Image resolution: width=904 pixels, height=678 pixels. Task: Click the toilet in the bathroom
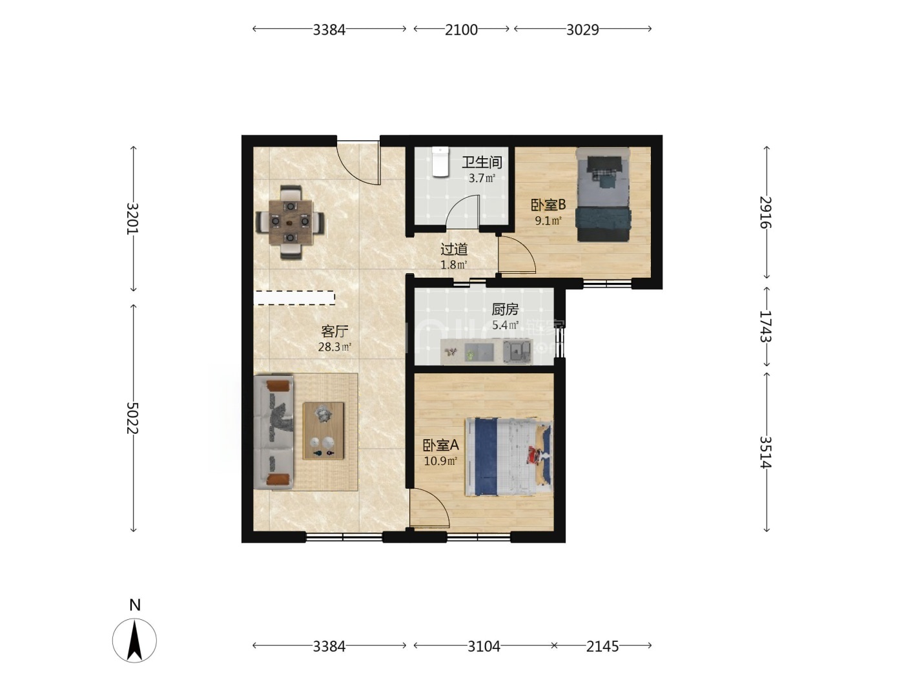[440, 162]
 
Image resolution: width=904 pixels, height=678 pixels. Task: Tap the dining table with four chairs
[291, 222]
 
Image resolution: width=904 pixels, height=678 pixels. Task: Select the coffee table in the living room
[324, 431]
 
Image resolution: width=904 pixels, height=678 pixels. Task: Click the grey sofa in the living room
[274, 432]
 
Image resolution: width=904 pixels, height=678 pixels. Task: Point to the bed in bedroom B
[603, 194]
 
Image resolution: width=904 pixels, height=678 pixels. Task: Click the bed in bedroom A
[509, 457]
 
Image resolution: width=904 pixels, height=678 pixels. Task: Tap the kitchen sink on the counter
[517, 352]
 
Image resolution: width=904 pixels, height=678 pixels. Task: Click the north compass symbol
[135, 640]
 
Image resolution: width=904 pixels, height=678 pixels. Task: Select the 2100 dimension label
[461, 30]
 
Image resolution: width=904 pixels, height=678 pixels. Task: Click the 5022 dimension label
[132, 418]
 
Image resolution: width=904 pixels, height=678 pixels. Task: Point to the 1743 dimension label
[766, 326]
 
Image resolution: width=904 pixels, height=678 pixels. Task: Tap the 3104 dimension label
[484, 647]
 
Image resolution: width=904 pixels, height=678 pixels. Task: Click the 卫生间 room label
[482, 163]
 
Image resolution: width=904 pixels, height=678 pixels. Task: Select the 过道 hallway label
[455, 249]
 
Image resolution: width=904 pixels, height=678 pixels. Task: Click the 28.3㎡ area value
[334, 347]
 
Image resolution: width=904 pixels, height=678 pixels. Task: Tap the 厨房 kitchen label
[506, 309]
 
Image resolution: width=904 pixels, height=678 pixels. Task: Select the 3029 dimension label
[582, 30]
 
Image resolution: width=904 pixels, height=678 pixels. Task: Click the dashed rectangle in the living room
[294, 298]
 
